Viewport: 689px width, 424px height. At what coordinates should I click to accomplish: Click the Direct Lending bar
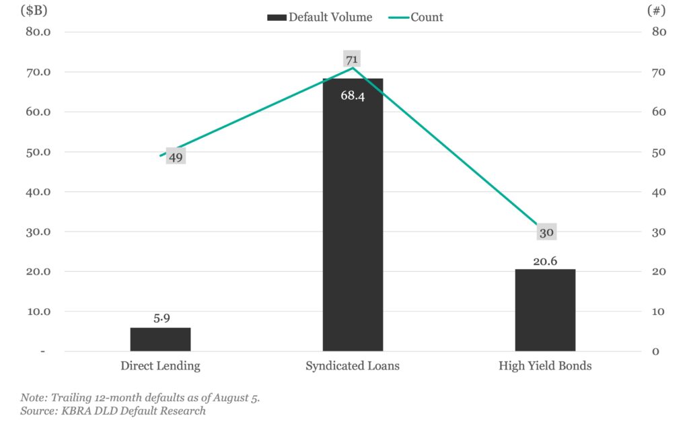(x=160, y=339)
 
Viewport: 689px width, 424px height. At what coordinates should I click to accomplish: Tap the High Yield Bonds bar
(x=545, y=310)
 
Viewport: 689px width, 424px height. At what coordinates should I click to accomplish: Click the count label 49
(x=176, y=157)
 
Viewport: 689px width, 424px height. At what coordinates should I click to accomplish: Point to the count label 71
(x=352, y=59)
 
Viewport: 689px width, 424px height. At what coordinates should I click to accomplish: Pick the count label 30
(x=546, y=233)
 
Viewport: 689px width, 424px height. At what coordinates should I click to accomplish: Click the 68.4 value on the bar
(x=353, y=96)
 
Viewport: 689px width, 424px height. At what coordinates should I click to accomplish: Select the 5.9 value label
(x=161, y=318)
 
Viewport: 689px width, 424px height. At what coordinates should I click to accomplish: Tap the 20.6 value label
(x=546, y=260)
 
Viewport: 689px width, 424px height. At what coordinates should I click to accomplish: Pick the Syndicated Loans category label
(x=353, y=366)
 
